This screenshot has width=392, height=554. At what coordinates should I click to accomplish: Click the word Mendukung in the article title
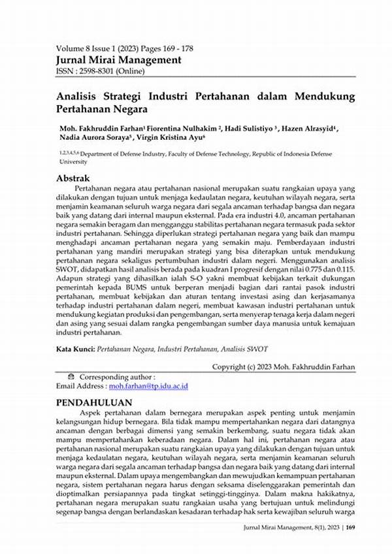coord(319,96)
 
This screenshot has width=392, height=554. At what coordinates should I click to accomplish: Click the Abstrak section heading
coord(73,178)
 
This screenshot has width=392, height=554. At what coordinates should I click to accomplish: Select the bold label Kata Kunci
coord(75,350)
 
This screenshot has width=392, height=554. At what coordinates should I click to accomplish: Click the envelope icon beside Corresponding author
coord(71,377)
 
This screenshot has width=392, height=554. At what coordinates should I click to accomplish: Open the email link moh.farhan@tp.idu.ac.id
coord(148,386)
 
